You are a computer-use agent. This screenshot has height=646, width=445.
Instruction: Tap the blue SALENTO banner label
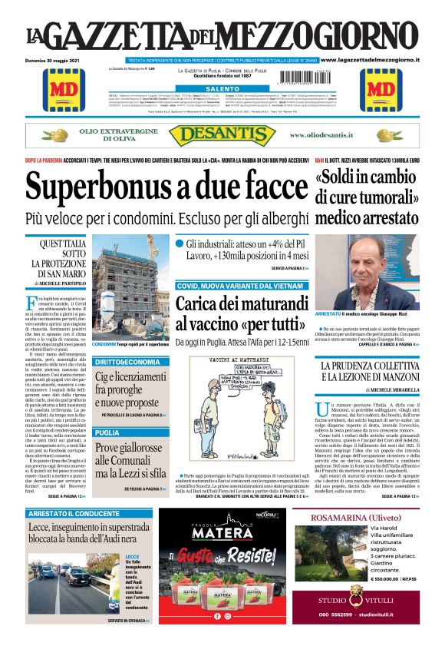pyautogui.click(x=222, y=89)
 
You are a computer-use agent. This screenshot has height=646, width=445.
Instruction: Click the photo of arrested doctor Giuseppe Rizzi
pyautogui.click(x=366, y=272)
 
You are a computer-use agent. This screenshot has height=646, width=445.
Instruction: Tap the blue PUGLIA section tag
pyautogui.click(x=108, y=432)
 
